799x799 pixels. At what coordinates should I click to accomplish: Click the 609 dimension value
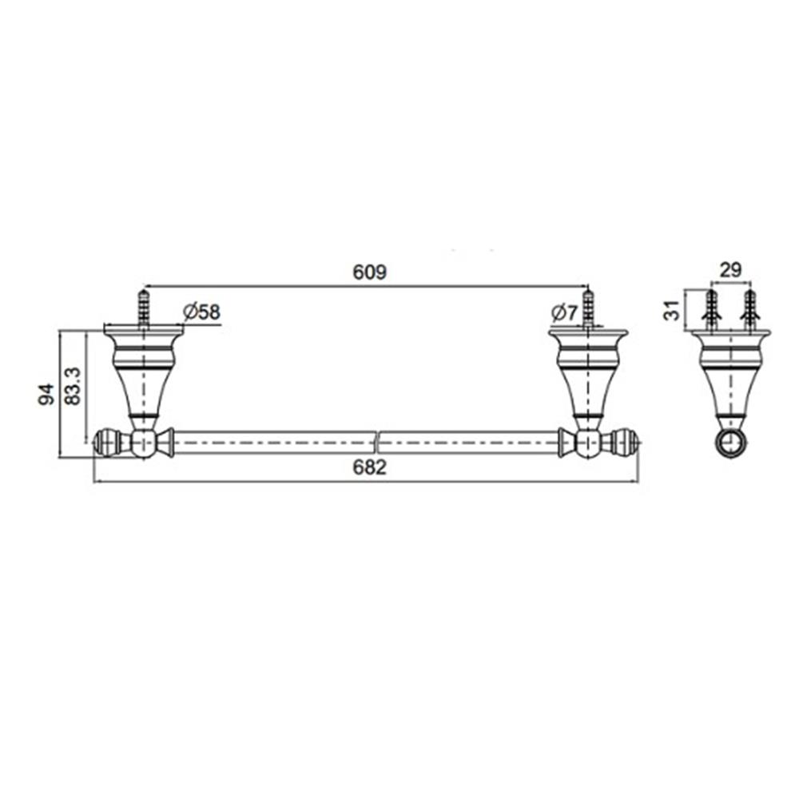tap(369, 272)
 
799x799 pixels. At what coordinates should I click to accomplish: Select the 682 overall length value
tap(369, 468)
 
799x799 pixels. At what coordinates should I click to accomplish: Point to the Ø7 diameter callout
tap(564, 312)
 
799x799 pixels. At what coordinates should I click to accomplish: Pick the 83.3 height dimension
tap(72, 386)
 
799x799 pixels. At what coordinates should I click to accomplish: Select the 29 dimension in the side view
tap(730, 269)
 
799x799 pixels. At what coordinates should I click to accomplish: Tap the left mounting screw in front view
tap(144, 306)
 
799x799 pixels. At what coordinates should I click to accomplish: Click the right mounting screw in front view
tap(588, 306)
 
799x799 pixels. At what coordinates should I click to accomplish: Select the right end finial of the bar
tap(625, 442)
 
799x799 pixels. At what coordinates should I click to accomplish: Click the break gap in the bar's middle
tap(377, 442)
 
